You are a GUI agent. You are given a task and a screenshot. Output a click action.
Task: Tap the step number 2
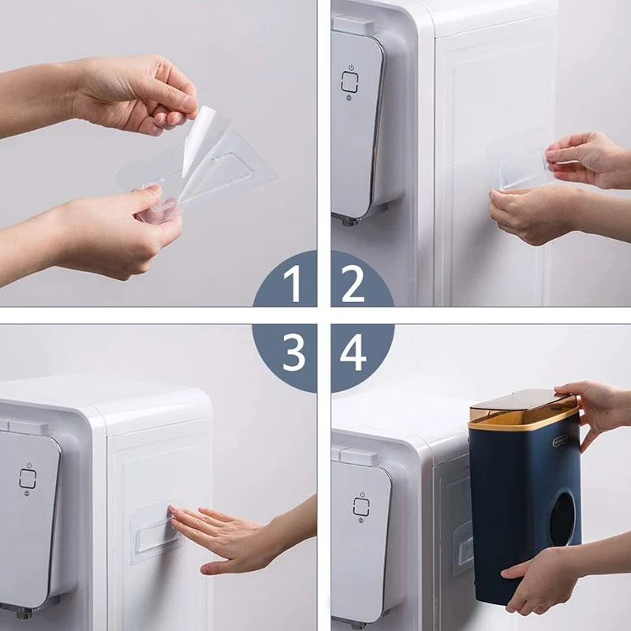click(353, 285)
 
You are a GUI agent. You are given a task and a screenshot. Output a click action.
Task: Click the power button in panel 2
click(350, 80)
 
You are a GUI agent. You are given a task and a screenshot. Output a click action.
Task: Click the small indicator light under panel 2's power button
click(350, 99)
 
